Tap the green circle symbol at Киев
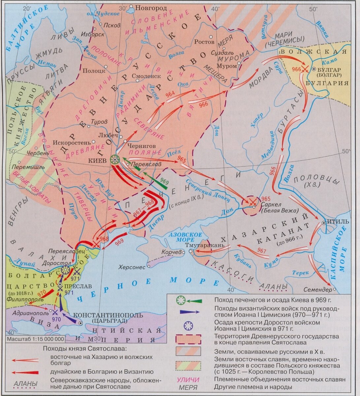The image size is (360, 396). click(x=115, y=160)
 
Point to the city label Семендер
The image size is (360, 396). click(x=317, y=290)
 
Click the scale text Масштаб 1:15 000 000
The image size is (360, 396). click(x=35, y=339)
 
